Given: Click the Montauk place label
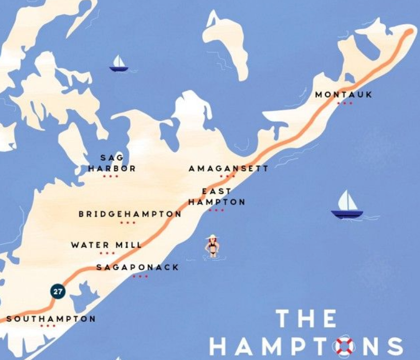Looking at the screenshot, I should [343, 95].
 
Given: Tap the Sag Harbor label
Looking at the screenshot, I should [112, 163].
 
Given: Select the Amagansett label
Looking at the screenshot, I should [228, 169].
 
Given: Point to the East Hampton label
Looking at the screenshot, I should [217, 197].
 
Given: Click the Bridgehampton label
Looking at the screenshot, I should [130, 214].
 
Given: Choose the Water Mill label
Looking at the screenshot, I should [106, 245].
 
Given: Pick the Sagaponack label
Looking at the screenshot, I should [137, 267].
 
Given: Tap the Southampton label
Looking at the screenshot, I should [51, 318].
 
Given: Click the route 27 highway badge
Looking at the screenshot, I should [58, 291].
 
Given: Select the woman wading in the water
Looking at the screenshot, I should [212, 247].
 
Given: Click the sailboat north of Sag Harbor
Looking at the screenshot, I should [118, 64].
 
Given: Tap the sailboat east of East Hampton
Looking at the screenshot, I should [347, 205].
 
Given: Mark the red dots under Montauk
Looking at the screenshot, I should [344, 103].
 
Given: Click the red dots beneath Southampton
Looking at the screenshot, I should [48, 326].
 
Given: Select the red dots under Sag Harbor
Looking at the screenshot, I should [110, 176].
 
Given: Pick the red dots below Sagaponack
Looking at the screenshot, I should [140, 276].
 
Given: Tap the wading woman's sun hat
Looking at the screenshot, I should [211, 237].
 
